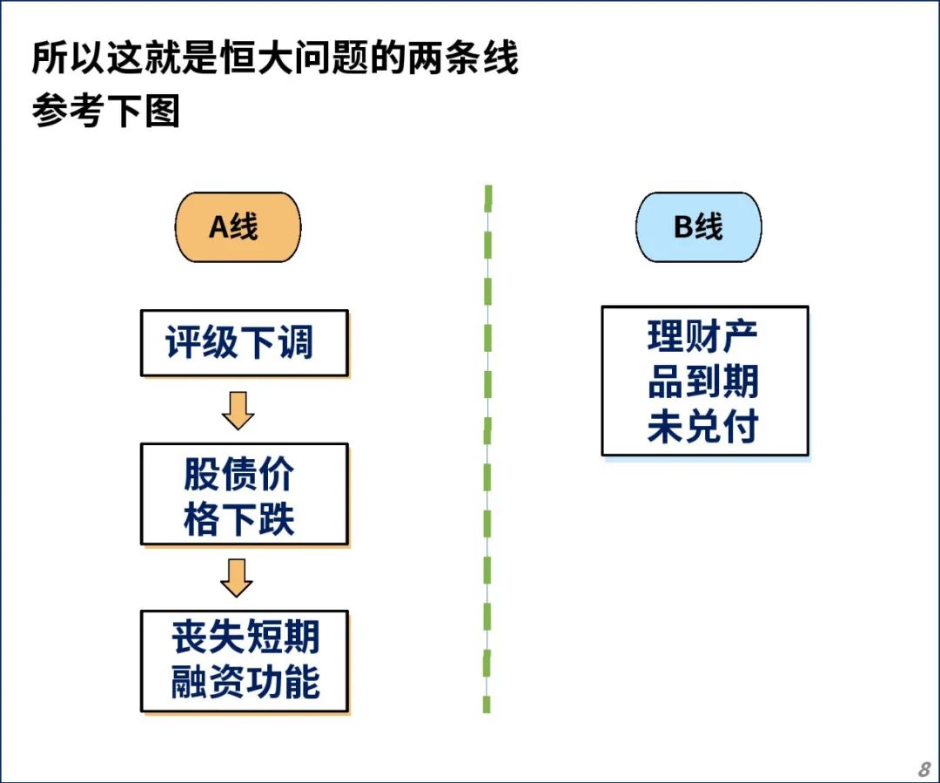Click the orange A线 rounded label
click(238, 227)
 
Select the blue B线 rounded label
click(698, 227)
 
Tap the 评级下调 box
click(244, 343)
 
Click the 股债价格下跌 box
click(244, 495)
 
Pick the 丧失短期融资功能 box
click(244, 661)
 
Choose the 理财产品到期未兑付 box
click(705, 381)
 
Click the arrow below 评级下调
click(238, 411)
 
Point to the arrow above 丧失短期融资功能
click(237, 577)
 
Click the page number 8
click(924, 768)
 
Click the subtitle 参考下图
click(105, 111)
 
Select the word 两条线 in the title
click(463, 57)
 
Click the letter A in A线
click(218, 226)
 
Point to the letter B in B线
click(684, 226)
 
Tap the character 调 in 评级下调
click(296, 342)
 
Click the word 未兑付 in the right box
click(703, 427)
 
